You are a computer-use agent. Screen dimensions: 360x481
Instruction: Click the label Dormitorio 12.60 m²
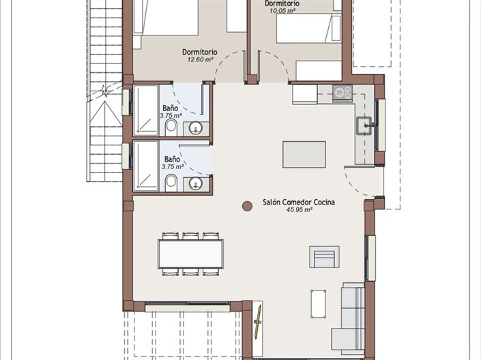click(199, 55)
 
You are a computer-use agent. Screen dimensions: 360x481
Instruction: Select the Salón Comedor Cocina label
click(298, 202)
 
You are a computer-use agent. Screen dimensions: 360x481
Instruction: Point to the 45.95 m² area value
click(298, 211)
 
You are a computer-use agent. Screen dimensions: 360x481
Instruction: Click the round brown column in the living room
click(247, 205)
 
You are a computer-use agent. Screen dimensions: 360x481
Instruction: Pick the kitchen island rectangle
click(304, 154)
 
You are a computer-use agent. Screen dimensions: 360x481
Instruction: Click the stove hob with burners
click(342, 93)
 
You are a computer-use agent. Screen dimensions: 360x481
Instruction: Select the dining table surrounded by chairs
click(190, 254)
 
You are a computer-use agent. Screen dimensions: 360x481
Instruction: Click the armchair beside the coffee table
click(323, 257)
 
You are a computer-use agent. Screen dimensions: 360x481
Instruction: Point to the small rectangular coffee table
click(318, 303)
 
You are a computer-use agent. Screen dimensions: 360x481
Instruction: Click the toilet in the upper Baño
click(171, 127)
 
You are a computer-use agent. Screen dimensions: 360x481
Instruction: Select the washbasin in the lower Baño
click(196, 183)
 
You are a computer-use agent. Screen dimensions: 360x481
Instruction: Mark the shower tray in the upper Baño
click(145, 109)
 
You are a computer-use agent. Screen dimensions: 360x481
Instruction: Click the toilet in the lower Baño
click(171, 181)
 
